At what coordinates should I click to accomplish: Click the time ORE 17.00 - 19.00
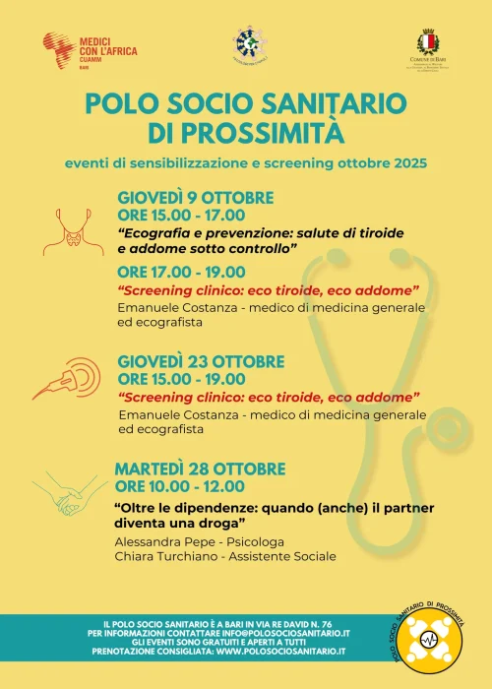tap(180, 272)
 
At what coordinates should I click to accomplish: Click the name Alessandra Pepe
tap(160, 541)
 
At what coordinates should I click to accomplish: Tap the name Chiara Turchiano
tap(166, 556)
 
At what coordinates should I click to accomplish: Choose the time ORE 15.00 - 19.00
tap(180, 378)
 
